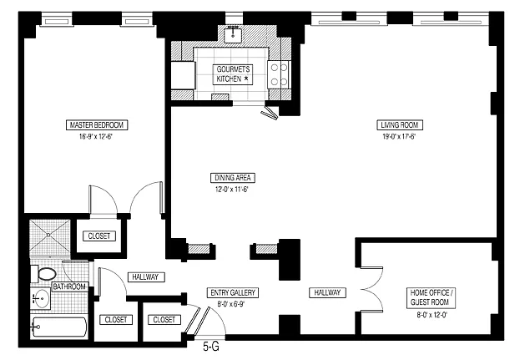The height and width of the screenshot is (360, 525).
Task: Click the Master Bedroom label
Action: click(96, 125)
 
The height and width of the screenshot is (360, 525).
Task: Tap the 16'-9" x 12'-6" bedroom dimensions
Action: click(96, 136)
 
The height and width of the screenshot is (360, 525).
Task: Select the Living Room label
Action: click(400, 125)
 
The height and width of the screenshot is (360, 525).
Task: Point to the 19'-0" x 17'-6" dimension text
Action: click(400, 136)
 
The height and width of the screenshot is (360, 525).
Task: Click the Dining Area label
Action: click(233, 178)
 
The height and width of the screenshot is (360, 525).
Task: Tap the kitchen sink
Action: click(233, 35)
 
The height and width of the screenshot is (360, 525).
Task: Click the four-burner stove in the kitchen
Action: click(279, 74)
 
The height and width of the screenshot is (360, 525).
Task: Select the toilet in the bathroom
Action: click(47, 273)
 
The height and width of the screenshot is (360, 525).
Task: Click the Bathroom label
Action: click(69, 286)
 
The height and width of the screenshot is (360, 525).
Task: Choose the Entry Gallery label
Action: click(233, 292)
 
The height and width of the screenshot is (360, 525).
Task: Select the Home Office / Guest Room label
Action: click(431, 297)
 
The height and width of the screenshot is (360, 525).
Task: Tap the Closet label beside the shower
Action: click(98, 236)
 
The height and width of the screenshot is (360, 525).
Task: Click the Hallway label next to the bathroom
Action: click(145, 277)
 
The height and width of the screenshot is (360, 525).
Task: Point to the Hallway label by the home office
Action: click(326, 292)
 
